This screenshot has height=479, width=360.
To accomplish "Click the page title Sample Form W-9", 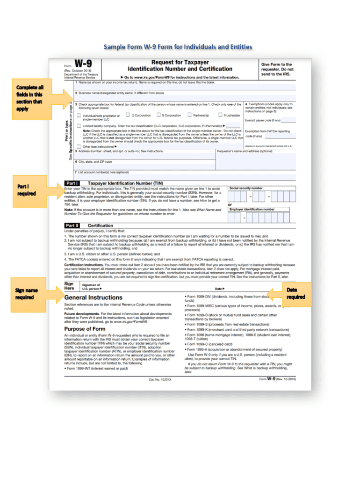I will pyautogui.click(x=178, y=47).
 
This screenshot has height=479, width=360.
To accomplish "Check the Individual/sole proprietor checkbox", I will pyautogui.click(x=79, y=115).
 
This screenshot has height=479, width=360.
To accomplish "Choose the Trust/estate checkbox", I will pyautogui.click(x=220, y=115).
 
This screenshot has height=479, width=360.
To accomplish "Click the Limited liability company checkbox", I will pyautogui.click(x=79, y=125).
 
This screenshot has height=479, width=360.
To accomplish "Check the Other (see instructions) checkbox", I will pyautogui.click(x=79, y=146).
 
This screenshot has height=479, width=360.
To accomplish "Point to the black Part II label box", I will pyautogui.click(x=72, y=225).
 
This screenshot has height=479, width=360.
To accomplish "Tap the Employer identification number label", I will pyautogui.click(x=252, y=209).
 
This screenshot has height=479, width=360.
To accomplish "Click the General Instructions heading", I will pyautogui.click(x=93, y=297).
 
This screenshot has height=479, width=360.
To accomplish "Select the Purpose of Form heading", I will pyautogui.click(x=87, y=329).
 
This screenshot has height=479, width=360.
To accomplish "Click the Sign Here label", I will pyautogui.click(x=69, y=286).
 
